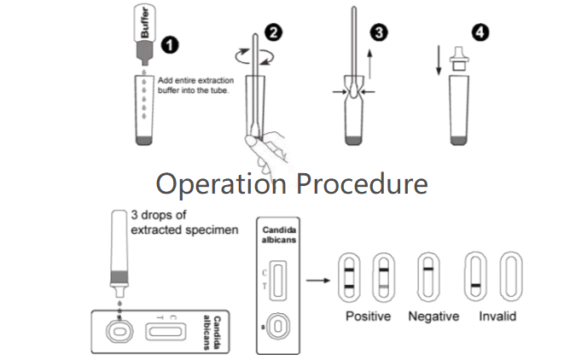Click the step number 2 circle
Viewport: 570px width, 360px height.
274,33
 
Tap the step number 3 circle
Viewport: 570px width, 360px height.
379,33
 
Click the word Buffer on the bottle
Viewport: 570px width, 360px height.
144,26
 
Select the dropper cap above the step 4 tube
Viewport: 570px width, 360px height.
462,55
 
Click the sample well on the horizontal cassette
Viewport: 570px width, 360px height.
118,329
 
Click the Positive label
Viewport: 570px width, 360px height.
368,316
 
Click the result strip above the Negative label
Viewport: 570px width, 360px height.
427,276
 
